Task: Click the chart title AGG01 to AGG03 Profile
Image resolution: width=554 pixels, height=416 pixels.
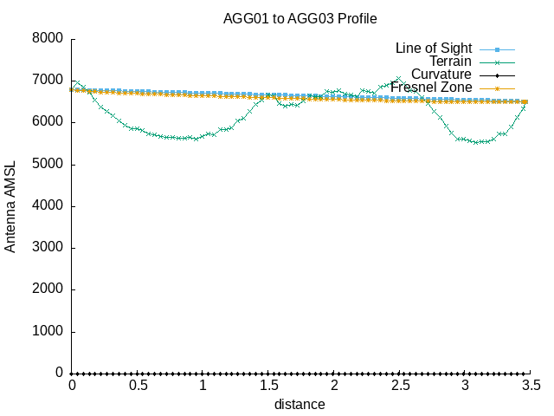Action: [300, 18]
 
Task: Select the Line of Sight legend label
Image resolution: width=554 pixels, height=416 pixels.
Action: [433, 48]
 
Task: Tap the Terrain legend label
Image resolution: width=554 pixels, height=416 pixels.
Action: [450, 62]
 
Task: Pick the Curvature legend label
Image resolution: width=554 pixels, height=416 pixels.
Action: [441, 75]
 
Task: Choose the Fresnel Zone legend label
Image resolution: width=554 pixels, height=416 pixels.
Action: [431, 88]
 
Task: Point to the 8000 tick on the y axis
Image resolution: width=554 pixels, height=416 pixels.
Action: [47, 39]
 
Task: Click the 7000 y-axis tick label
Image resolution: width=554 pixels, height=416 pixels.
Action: [47, 81]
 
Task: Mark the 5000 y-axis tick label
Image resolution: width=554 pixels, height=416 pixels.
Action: [47, 165]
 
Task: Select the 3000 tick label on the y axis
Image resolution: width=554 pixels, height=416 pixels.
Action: [47, 248]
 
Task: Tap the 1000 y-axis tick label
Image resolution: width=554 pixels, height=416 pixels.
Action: [47, 332]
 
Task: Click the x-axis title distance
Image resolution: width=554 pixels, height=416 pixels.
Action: [300, 404]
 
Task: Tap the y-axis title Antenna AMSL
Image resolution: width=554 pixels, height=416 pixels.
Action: [11, 206]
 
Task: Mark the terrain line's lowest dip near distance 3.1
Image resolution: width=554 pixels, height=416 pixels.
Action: [477, 142]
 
